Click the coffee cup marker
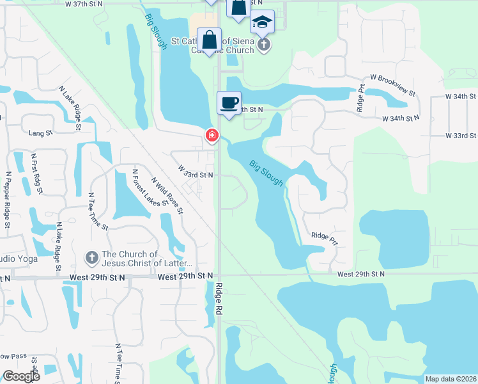(x=229, y=102)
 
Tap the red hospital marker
(x=212, y=136)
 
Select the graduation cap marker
(x=262, y=22)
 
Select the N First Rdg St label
(x=36, y=173)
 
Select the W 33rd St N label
(x=196, y=174)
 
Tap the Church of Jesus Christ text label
(x=146, y=259)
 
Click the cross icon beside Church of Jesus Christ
(x=91, y=259)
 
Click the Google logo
(x=20, y=376)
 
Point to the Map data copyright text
(x=451, y=379)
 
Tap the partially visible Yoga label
(x=19, y=259)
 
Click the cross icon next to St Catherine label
(x=264, y=44)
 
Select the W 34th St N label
(x=401, y=118)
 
